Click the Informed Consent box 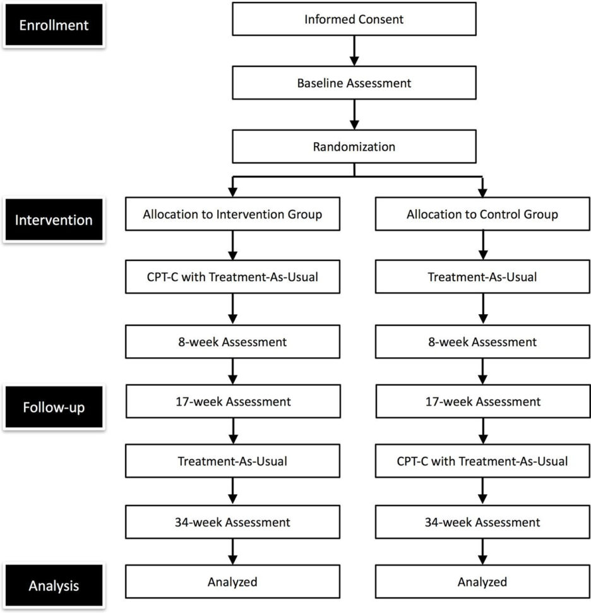(x=354, y=19)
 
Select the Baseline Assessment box (x=354, y=83)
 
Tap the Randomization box (x=354, y=147)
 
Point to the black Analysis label (x=54, y=586)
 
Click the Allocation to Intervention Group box (x=232, y=214)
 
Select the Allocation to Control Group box (x=482, y=214)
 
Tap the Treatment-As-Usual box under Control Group (x=482, y=277)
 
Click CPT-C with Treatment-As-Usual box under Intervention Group (x=232, y=277)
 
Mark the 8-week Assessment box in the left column (x=232, y=342)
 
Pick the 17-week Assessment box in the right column (x=482, y=401)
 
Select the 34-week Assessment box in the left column (x=232, y=522)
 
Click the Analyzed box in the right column (x=482, y=581)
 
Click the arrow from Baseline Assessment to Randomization (x=354, y=115)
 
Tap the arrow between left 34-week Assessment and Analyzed (x=232, y=551)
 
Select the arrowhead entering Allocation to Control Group (x=482, y=192)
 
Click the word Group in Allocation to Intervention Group (x=304, y=214)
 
